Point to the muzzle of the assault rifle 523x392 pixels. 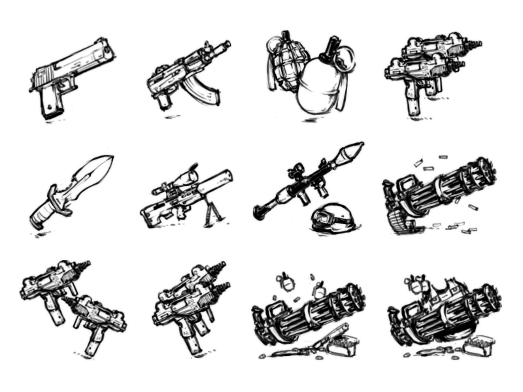227,45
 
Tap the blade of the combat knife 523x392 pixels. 90,176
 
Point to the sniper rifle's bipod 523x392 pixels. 211,212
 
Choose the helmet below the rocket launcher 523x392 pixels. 333,219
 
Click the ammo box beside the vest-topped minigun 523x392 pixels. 477,344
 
